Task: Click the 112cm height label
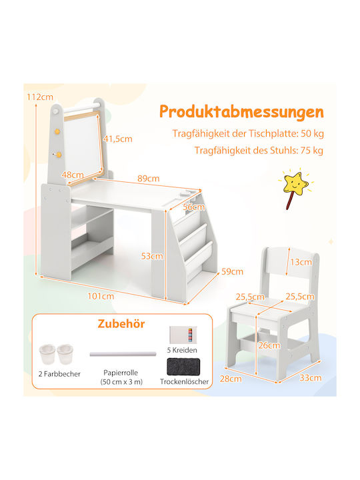40,97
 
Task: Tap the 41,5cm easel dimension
117,139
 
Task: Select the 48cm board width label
73,175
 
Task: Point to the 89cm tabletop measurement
149,179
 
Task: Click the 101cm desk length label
101,296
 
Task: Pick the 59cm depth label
233,271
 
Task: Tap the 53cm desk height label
152,256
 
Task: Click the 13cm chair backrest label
301,262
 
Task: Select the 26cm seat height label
269,345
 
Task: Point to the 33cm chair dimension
311,378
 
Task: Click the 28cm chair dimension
231,379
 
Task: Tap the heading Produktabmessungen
241,112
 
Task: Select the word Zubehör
121,323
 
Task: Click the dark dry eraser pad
183,367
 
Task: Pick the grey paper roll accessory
123,354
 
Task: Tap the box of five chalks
183,335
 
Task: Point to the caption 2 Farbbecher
59,374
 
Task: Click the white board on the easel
83,148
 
